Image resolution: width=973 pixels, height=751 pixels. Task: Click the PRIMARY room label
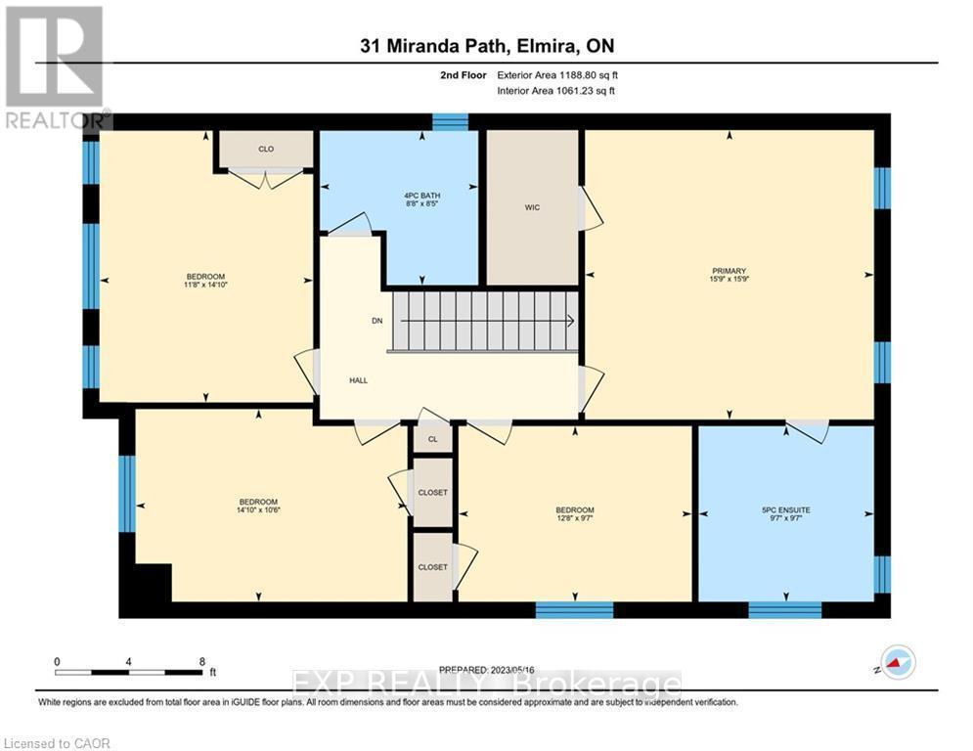click(x=729, y=271)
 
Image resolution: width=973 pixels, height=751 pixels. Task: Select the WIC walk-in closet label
click(x=532, y=207)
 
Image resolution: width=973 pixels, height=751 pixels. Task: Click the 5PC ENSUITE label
click(x=787, y=509)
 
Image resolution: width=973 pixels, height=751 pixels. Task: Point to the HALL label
click(x=359, y=379)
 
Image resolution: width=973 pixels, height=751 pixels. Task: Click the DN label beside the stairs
click(x=377, y=321)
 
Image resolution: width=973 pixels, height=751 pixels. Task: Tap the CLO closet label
click(x=265, y=149)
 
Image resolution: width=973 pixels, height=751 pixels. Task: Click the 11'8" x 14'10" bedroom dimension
click(x=206, y=286)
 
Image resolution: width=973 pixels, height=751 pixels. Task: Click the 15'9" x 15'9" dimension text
click(x=729, y=281)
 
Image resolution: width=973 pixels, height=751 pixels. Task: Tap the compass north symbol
click(x=898, y=662)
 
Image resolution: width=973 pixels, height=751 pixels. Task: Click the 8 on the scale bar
click(x=200, y=661)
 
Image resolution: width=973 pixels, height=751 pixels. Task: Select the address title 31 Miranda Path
click(x=486, y=46)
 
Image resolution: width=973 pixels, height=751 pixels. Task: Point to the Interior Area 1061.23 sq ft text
click(x=557, y=91)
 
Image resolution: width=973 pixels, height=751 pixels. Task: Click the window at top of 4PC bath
click(x=450, y=122)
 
